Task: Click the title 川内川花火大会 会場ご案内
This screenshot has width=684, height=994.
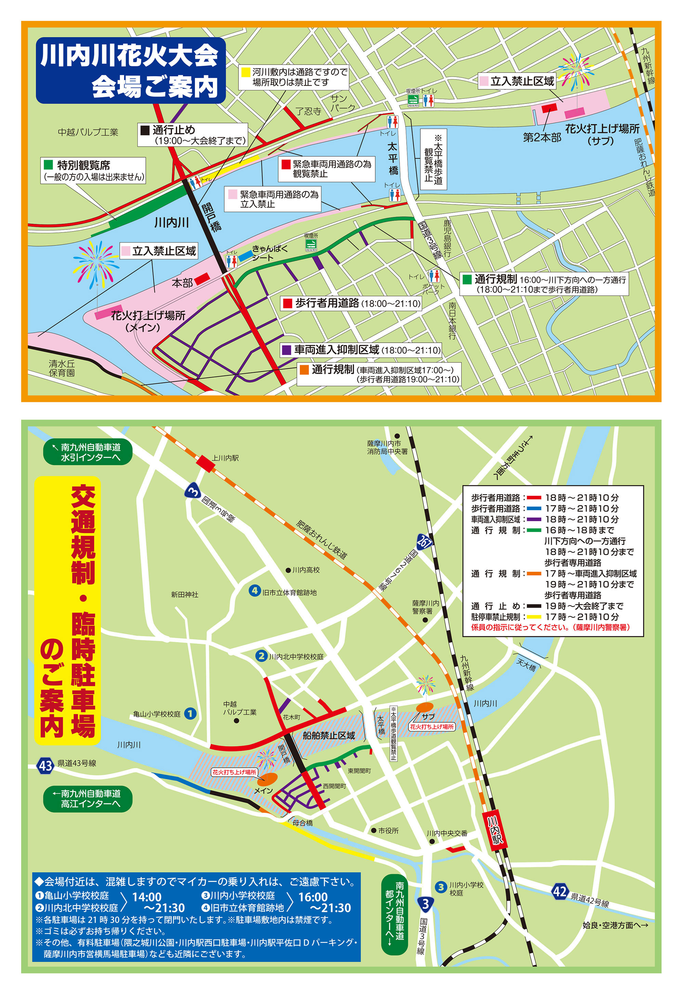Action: [x=131, y=71]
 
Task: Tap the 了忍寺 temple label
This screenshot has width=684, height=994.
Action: [x=308, y=111]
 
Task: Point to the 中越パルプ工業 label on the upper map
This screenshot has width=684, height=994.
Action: [x=88, y=132]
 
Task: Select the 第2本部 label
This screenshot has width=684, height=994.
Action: [x=542, y=137]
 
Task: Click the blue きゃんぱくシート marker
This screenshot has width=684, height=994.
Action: [x=246, y=256]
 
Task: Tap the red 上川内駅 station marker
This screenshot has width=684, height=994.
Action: [x=206, y=464]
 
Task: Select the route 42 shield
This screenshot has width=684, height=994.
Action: [x=560, y=892]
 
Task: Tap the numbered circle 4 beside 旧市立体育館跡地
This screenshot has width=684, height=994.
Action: [x=255, y=591]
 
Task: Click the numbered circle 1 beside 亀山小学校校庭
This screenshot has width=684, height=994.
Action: [x=190, y=713]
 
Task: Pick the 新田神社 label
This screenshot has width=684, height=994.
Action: [x=184, y=595]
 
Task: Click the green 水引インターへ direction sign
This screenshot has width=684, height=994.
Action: [x=88, y=452]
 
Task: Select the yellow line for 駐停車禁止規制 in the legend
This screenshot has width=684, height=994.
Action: [x=534, y=617]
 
